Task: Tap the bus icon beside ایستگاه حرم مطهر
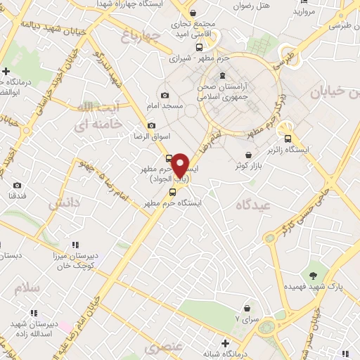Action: (x=172, y=192)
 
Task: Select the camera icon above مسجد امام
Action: (x=165, y=95)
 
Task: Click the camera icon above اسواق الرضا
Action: (x=151, y=125)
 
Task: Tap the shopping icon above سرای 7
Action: (x=247, y=308)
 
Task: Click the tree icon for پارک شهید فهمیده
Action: (x=313, y=275)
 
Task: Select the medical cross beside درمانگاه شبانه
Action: (x=224, y=343)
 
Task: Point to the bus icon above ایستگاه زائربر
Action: (x=288, y=139)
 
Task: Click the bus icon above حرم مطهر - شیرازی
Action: (x=199, y=47)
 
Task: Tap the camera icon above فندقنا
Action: (x=17, y=186)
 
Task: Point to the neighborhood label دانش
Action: (x=65, y=205)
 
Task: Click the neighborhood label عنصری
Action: (x=162, y=347)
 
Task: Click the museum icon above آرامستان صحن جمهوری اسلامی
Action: (x=223, y=76)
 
